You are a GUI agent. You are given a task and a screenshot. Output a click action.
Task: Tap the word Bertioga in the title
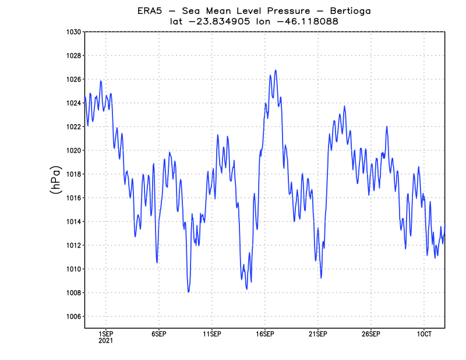pyautogui.click(x=348, y=11)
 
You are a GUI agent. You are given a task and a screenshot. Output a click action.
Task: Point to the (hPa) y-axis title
pyautogui.click(x=56, y=180)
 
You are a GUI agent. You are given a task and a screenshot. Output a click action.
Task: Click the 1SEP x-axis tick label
pyautogui.click(x=105, y=334)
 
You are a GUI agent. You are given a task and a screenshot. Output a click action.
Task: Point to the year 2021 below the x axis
pyautogui.click(x=105, y=341)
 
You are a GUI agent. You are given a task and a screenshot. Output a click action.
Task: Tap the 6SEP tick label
pyautogui.click(x=158, y=334)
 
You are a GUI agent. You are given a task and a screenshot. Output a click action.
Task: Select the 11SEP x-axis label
pyautogui.click(x=211, y=334)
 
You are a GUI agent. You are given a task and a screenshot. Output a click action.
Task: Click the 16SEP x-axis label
pyautogui.click(x=264, y=334)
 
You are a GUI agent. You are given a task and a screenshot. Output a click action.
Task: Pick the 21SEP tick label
pyautogui.click(x=317, y=334)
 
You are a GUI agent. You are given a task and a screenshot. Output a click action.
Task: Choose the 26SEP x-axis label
pyautogui.click(x=370, y=334)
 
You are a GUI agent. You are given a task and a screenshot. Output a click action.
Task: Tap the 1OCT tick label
pyautogui.click(x=423, y=334)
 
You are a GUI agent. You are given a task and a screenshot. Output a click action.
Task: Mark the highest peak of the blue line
pyautogui.click(x=276, y=70)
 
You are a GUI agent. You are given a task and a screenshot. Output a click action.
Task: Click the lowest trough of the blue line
pyautogui.click(x=189, y=292)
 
